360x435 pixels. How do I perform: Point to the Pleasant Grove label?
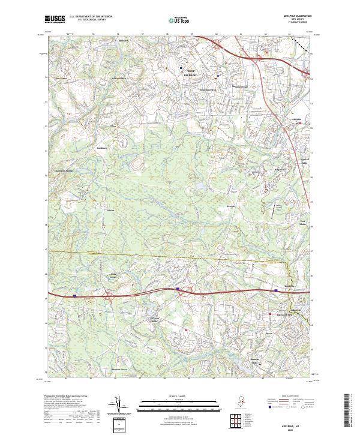[x=122, y=370]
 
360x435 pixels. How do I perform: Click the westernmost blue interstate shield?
[x=74, y=295]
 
